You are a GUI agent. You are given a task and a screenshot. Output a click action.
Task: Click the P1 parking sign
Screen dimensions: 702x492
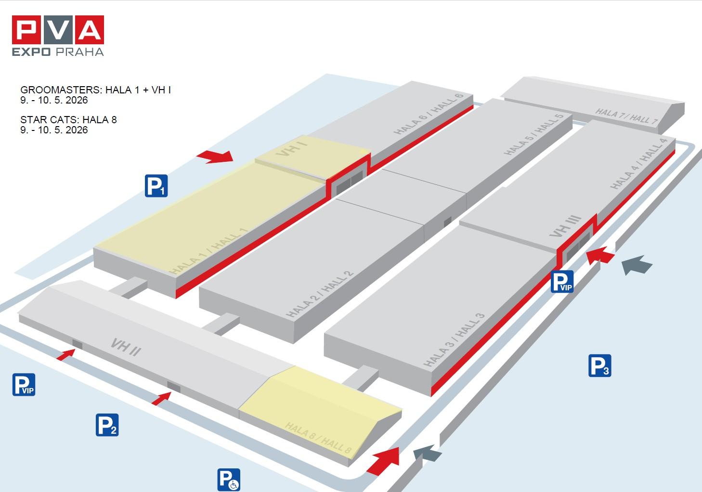tap(156, 186)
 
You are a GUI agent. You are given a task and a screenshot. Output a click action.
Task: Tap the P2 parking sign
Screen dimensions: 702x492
tap(107, 425)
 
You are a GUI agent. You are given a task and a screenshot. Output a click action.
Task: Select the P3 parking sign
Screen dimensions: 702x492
tap(600, 365)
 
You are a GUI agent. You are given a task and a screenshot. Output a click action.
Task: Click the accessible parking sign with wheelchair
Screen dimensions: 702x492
tap(229, 480)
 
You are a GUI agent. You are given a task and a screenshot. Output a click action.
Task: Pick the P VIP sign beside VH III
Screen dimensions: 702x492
tap(562, 282)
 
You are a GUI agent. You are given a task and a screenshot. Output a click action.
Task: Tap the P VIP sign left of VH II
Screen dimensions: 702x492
tap(24, 385)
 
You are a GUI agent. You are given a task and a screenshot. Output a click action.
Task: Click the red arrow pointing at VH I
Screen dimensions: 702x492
tap(215, 156)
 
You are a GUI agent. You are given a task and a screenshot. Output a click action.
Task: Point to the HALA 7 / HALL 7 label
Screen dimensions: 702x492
tap(626, 117)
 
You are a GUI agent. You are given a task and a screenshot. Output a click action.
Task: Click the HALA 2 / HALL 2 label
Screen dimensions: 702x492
tap(320, 294)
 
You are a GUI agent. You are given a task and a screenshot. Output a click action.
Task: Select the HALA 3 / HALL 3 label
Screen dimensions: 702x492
tap(454, 340)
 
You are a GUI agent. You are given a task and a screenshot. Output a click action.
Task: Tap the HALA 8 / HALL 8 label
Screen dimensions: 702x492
tap(318, 438)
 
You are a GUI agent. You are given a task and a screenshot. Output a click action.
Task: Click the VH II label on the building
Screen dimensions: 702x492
tap(126, 347)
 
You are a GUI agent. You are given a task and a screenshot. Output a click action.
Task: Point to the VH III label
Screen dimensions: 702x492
tap(566, 226)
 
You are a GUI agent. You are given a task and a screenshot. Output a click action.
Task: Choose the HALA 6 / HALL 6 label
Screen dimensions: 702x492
tap(429, 114)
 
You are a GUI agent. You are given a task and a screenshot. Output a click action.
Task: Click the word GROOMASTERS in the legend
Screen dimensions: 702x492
tap(61, 90)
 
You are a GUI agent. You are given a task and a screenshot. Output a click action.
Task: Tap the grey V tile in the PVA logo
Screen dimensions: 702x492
tap(58, 30)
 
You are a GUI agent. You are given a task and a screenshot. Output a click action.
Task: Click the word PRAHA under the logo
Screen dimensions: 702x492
tap(80, 52)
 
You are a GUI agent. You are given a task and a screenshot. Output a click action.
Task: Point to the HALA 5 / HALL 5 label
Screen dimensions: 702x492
tap(533, 134)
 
